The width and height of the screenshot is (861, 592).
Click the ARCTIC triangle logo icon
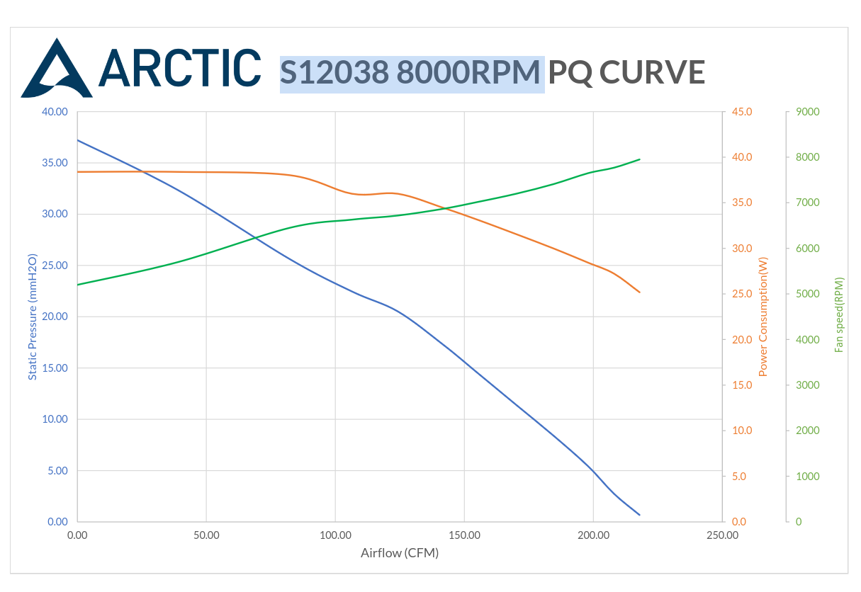(57, 69)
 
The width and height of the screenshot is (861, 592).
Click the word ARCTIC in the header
(179, 69)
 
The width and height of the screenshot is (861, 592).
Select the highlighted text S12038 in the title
(334, 73)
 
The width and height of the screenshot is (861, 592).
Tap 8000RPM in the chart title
(469, 73)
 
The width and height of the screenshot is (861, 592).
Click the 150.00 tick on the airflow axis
(464, 535)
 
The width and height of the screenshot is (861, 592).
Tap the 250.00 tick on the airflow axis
(722, 535)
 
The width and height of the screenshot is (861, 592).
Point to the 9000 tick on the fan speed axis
(807, 112)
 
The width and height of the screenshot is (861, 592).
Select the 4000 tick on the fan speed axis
(807, 340)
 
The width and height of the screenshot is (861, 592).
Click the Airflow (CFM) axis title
(400, 553)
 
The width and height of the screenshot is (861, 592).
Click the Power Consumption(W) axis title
(763, 317)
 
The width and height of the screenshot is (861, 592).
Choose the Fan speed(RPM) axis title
(840, 314)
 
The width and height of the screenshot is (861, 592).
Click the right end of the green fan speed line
(640, 159)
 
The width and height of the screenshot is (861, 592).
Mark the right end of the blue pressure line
(640, 515)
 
